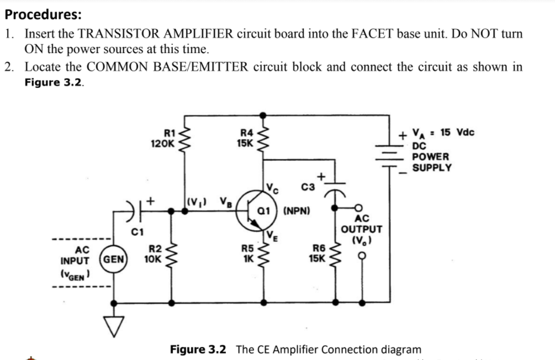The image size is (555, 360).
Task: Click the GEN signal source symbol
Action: (x=114, y=258)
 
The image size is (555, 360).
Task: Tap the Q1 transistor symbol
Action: (x=255, y=212)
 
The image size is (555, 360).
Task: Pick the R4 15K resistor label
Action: (x=245, y=138)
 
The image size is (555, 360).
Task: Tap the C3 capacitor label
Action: (x=309, y=188)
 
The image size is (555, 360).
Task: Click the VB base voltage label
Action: (x=225, y=201)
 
